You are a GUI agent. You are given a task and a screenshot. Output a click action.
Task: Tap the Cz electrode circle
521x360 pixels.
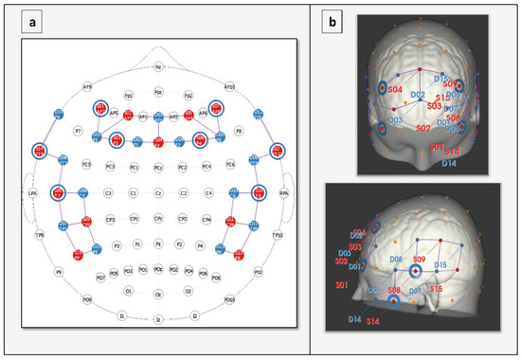pyautogui.click(x=158, y=193)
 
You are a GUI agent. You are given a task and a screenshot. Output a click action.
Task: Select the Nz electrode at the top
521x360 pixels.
pyautogui.click(x=158, y=67)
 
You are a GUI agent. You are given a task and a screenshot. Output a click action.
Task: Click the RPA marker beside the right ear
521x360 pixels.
pyautogui.click(x=285, y=193)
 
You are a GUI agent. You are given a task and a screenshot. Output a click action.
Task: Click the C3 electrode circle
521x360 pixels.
pyautogui.click(x=110, y=193)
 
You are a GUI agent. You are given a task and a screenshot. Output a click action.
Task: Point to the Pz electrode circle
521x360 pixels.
pyautogui.click(x=158, y=244)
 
